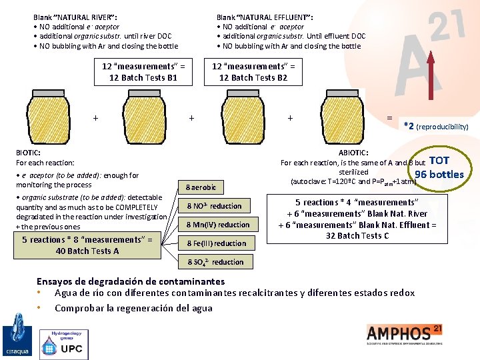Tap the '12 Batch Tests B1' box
click(143, 72)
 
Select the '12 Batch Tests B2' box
click(253, 72)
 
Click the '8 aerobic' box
click(201, 187)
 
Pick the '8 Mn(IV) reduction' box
click(218, 225)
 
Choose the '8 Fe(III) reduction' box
click(216, 243)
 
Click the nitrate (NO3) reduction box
click(214, 206)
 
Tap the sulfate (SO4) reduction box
click(215, 262)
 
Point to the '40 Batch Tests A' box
click(87, 245)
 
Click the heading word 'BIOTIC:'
click(28, 153)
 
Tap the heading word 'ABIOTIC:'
click(353, 153)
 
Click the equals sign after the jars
click(389, 117)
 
